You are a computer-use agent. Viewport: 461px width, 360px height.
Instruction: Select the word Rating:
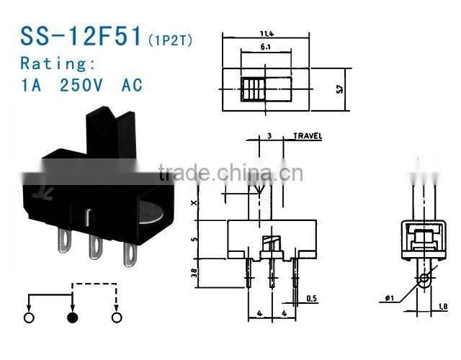pos(58,63)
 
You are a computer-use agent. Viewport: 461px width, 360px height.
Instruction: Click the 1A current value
pos(32,85)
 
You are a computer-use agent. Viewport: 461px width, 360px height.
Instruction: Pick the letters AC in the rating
pos(132,85)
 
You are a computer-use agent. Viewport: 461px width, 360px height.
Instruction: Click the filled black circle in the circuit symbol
pos(72,318)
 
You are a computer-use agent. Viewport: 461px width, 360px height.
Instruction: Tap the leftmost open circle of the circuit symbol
pos(29,318)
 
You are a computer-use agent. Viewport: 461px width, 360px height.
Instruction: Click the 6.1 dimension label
pos(267,45)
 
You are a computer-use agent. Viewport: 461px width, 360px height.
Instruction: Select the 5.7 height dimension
pos(342,89)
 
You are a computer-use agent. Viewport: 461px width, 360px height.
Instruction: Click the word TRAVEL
pos(308,135)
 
